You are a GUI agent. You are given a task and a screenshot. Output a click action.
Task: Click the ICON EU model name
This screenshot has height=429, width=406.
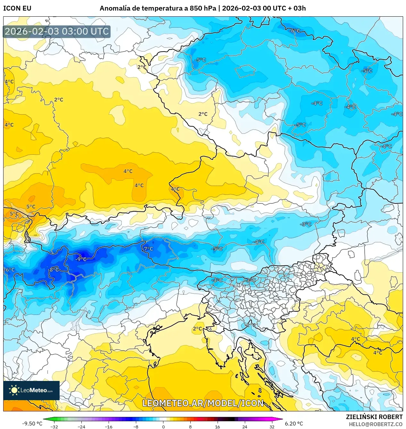[17, 8]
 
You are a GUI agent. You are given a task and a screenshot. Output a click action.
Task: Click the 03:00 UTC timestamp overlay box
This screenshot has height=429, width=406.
[57, 31]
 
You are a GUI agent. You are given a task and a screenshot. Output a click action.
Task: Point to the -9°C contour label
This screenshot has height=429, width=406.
[81, 259]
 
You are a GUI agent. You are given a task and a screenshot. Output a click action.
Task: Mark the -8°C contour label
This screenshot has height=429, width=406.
[53, 270]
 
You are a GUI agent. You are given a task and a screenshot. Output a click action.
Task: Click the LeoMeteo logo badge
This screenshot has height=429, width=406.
[31, 390]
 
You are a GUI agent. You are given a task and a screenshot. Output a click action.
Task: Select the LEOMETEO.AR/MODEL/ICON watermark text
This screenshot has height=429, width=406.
[203, 403]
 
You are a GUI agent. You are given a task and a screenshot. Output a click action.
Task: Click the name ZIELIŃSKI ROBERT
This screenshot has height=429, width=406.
[374, 417]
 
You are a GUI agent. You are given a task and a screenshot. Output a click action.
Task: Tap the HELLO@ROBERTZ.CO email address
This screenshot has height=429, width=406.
[375, 424]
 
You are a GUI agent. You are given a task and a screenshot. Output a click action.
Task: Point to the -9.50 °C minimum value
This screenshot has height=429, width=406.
[32, 424]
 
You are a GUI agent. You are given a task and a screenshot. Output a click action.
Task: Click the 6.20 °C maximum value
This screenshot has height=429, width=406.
[294, 424]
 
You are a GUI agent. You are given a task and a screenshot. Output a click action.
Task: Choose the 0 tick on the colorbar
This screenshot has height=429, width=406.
[163, 426]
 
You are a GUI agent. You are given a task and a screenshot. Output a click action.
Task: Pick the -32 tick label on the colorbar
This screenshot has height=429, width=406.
[54, 426]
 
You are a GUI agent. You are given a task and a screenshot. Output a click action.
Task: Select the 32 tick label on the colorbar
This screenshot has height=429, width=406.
[272, 426]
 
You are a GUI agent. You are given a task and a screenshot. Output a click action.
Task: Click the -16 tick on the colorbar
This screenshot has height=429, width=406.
[109, 426]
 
